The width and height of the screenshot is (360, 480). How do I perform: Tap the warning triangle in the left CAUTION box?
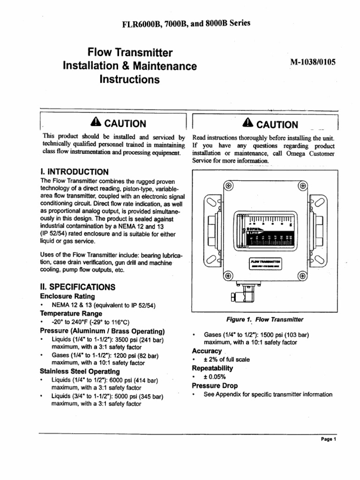(x=96, y=123)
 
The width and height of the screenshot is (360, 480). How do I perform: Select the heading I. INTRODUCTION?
(x=75, y=172)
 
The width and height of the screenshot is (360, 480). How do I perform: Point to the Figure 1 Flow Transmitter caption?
(x=264, y=320)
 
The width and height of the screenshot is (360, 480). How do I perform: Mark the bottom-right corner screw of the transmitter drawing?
(x=304, y=276)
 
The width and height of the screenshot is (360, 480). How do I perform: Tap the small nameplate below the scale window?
(x=265, y=263)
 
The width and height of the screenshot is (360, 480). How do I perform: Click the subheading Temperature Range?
(x=70, y=314)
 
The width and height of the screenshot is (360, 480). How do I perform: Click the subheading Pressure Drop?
(x=215, y=386)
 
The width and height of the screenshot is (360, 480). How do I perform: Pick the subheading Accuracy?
(x=207, y=351)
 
